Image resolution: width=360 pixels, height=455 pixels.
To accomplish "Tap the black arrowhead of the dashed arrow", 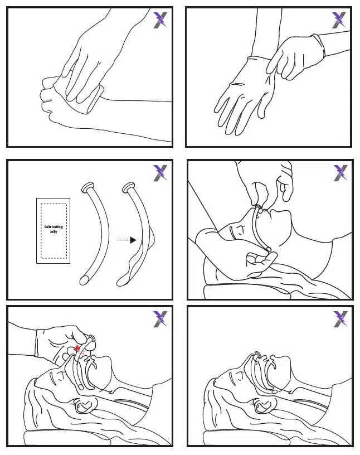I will [x=133, y=240].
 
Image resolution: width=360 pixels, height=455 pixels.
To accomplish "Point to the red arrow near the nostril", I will [x=77, y=350].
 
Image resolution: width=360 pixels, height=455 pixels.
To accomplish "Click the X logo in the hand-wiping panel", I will [x=160, y=20].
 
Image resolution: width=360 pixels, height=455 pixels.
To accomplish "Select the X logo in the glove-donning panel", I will [x=339, y=20].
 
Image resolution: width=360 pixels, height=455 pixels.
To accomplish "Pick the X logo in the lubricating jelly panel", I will [x=160, y=173].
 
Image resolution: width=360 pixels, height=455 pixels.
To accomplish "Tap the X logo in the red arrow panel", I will [x=160, y=319].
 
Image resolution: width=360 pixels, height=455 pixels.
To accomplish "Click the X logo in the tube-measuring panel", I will [x=340, y=173].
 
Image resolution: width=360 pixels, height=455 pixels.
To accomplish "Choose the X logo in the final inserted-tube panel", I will [x=340, y=319].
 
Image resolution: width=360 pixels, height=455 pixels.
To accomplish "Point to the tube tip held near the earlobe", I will [x=269, y=249].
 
